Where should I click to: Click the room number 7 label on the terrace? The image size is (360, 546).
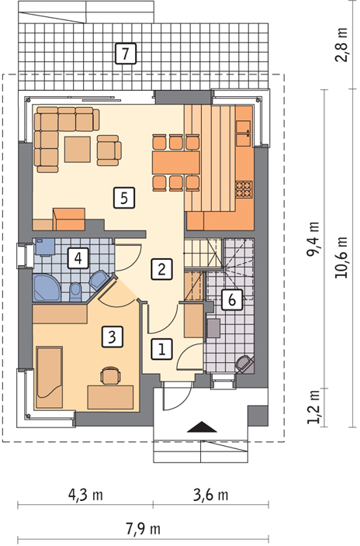pyautogui.click(x=126, y=54)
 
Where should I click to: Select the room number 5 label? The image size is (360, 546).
pyautogui.click(x=124, y=198)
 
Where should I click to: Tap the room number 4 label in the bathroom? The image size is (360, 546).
pyautogui.click(x=78, y=258)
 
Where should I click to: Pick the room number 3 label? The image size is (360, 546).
pyautogui.click(x=112, y=337)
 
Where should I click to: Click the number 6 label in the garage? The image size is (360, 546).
pyautogui.click(x=232, y=299)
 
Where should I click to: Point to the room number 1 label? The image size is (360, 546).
pyautogui.click(x=161, y=349)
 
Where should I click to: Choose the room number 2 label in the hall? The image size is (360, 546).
pyautogui.click(x=161, y=269)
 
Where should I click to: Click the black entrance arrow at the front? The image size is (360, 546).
pyautogui.click(x=202, y=427)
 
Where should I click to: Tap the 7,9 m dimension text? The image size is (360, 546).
pyautogui.click(x=143, y=529)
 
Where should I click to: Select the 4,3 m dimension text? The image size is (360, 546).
pyautogui.click(x=85, y=495)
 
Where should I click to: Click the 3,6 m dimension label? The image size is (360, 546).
pyautogui.click(x=211, y=495)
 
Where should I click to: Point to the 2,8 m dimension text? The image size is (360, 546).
pyautogui.click(x=341, y=44)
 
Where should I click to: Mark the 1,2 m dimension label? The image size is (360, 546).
pyautogui.click(x=313, y=407)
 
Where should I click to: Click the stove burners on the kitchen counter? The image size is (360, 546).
pyautogui.click(x=244, y=189)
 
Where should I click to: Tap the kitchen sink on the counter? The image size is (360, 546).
pyautogui.click(x=244, y=133)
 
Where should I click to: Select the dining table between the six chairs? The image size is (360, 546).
pyautogui.click(x=176, y=163)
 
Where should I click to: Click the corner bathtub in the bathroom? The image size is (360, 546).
pyautogui.click(x=47, y=288)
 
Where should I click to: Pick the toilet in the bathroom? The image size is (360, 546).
pyautogui.click(x=75, y=292)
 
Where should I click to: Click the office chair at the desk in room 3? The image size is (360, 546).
pyautogui.click(x=110, y=375)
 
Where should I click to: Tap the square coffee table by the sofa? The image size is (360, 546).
pyautogui.click(x=78, y=150)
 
